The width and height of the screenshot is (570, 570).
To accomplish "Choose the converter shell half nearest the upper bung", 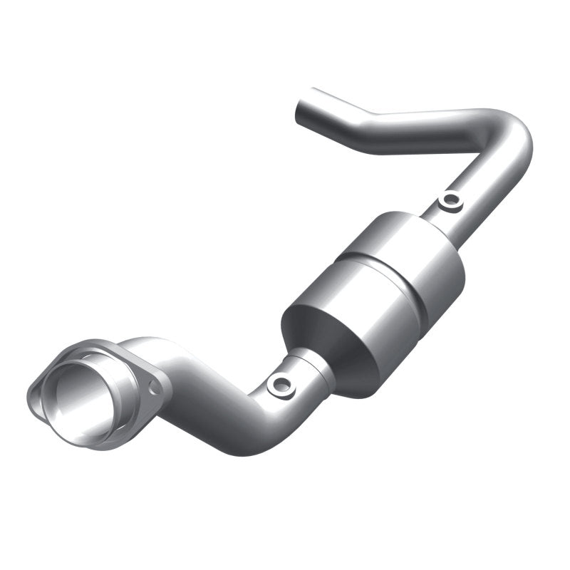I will click(420, 249).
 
